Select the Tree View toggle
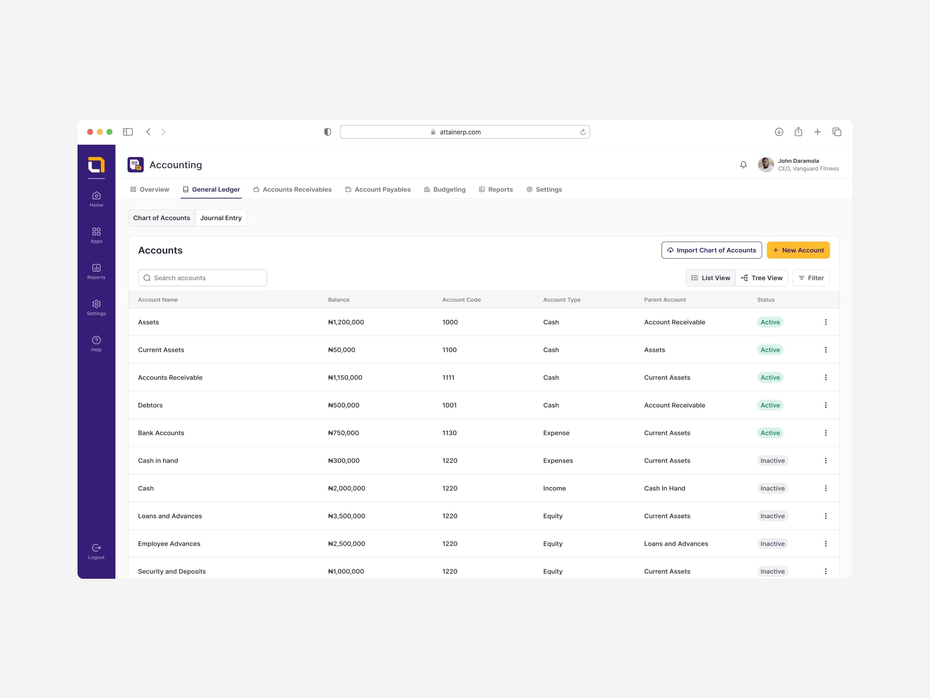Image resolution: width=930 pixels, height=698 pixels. pos(761,278)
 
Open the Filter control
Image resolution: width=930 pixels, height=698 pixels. pos(811,278)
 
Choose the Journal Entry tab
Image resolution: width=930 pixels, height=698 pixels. pos(221,218)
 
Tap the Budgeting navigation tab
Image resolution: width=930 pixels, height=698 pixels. pos(445,189)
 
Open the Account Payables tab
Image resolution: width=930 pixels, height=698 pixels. pos(378,189)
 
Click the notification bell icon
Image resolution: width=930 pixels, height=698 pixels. pos(743,165)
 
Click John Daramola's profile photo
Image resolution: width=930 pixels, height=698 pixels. pos(766,165)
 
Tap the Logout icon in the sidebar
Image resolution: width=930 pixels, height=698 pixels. pos(96,547)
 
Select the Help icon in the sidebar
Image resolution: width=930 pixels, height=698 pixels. pos(96,340)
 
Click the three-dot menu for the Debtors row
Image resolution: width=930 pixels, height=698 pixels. pos(825,405)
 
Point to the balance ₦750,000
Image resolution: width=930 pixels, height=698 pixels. pos(343,433)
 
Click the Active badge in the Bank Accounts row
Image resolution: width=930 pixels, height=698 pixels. pos(770,433)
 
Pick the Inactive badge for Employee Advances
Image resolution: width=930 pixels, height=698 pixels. pos(772,544)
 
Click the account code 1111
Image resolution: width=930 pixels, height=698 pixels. pos(448,377)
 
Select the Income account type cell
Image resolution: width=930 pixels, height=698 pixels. pos(554,488)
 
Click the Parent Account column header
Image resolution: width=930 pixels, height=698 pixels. pos(665,300)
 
